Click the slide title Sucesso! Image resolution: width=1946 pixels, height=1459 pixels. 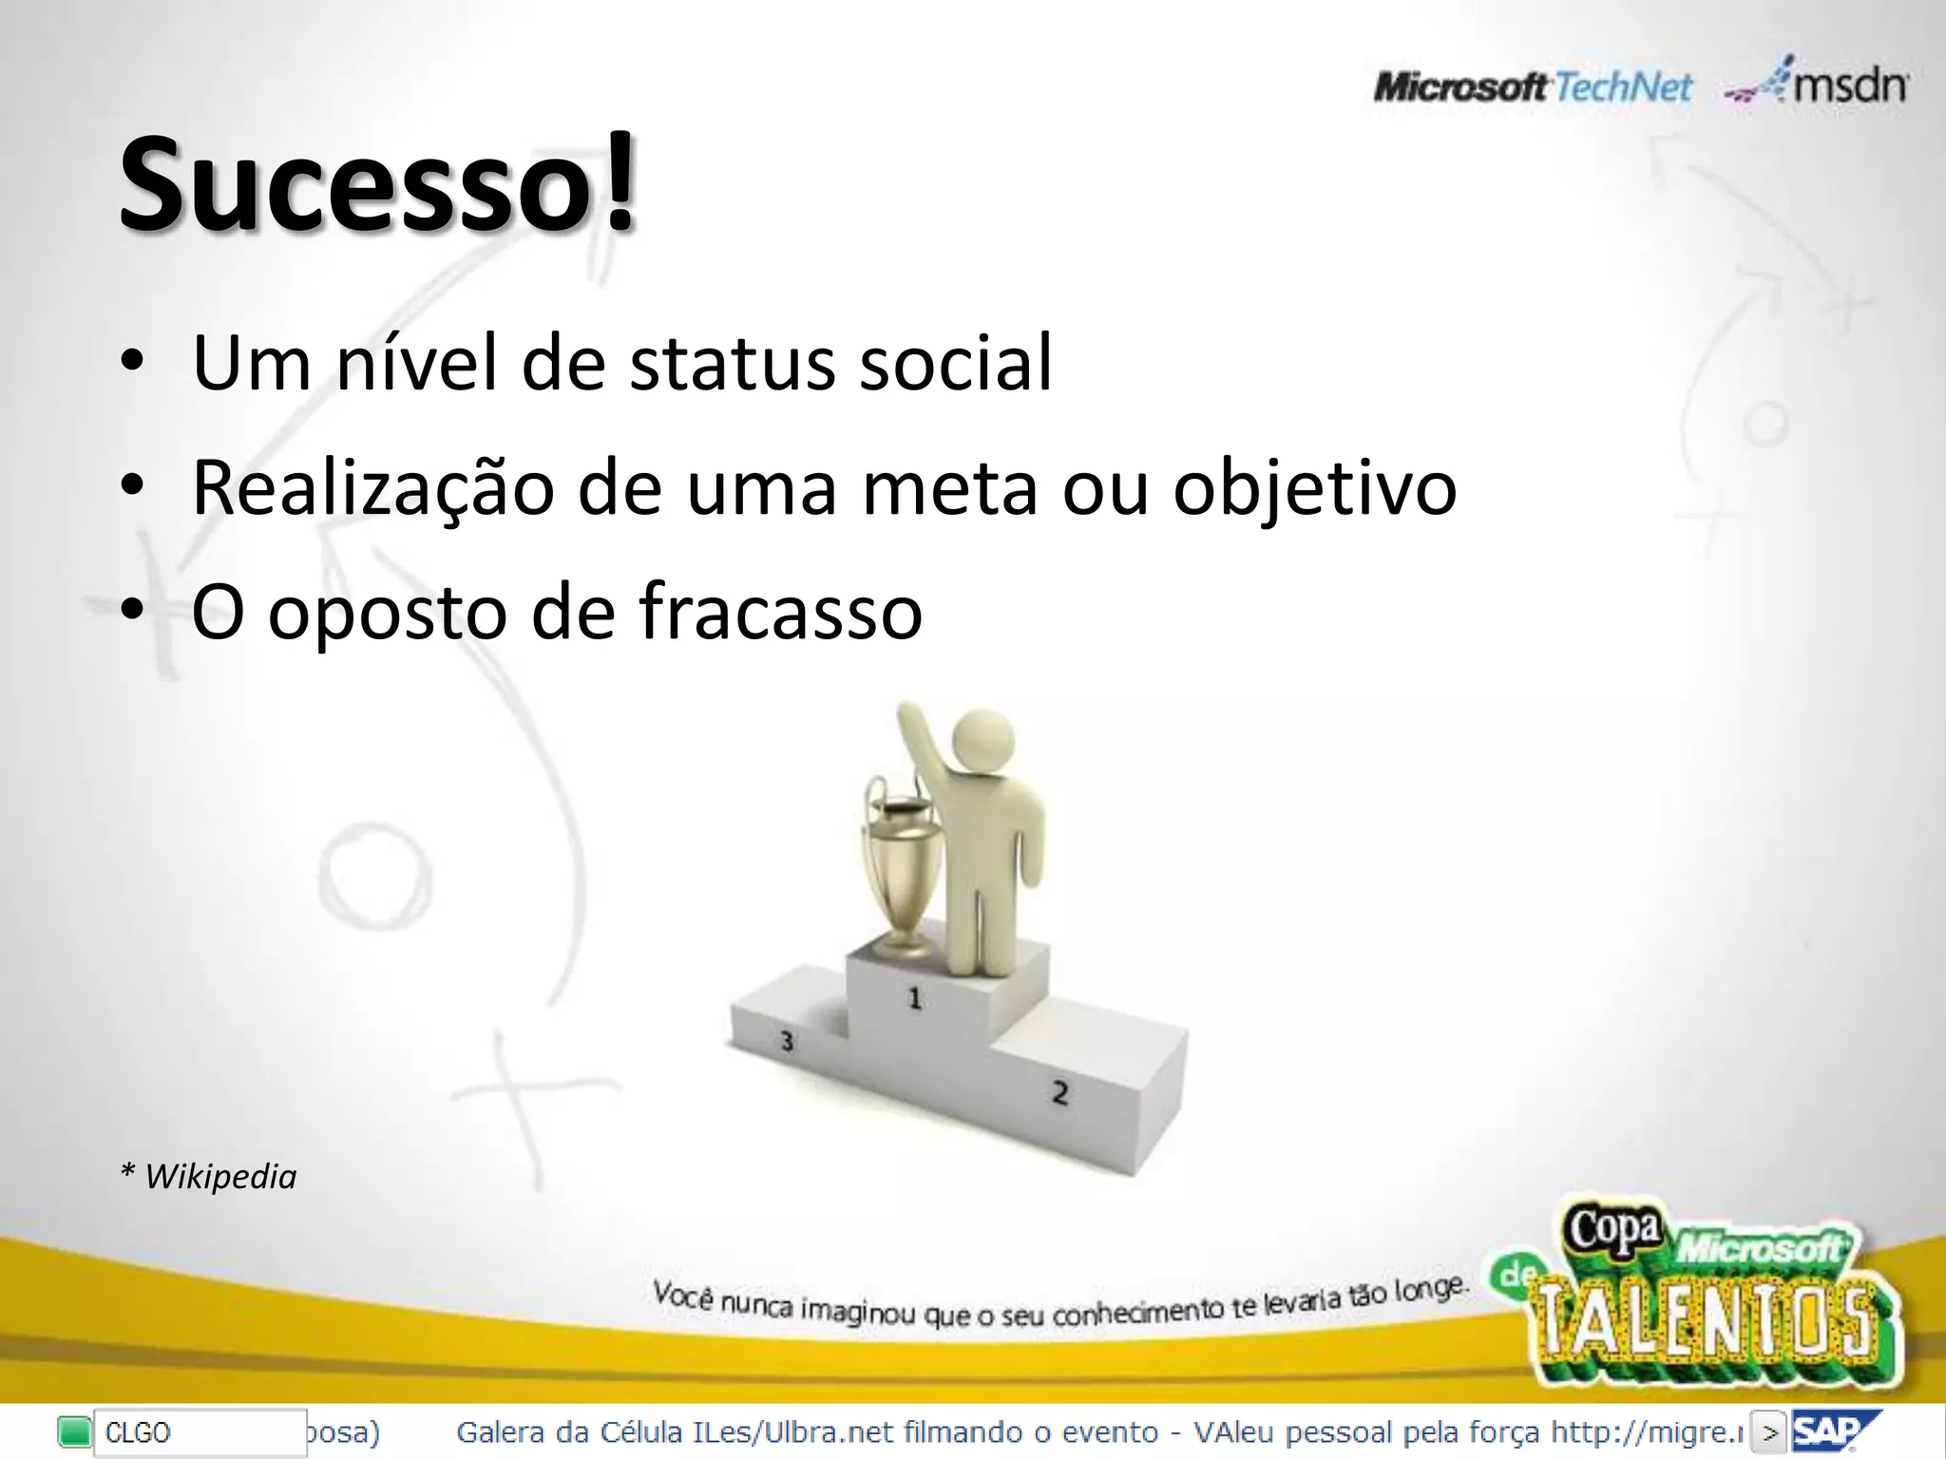[377, 182]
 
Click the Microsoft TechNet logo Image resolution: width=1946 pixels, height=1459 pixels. [1532, 88]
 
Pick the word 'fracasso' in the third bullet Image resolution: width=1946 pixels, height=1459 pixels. [780, 613]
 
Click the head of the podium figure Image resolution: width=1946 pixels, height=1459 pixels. [983, 745]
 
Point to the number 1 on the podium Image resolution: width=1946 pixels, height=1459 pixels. [914, 998]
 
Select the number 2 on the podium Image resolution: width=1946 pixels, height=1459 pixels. [1059, 1093]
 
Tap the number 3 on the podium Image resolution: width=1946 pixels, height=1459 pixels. [786, 1041]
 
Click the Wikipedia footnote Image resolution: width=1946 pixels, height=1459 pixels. [209, 1177]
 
